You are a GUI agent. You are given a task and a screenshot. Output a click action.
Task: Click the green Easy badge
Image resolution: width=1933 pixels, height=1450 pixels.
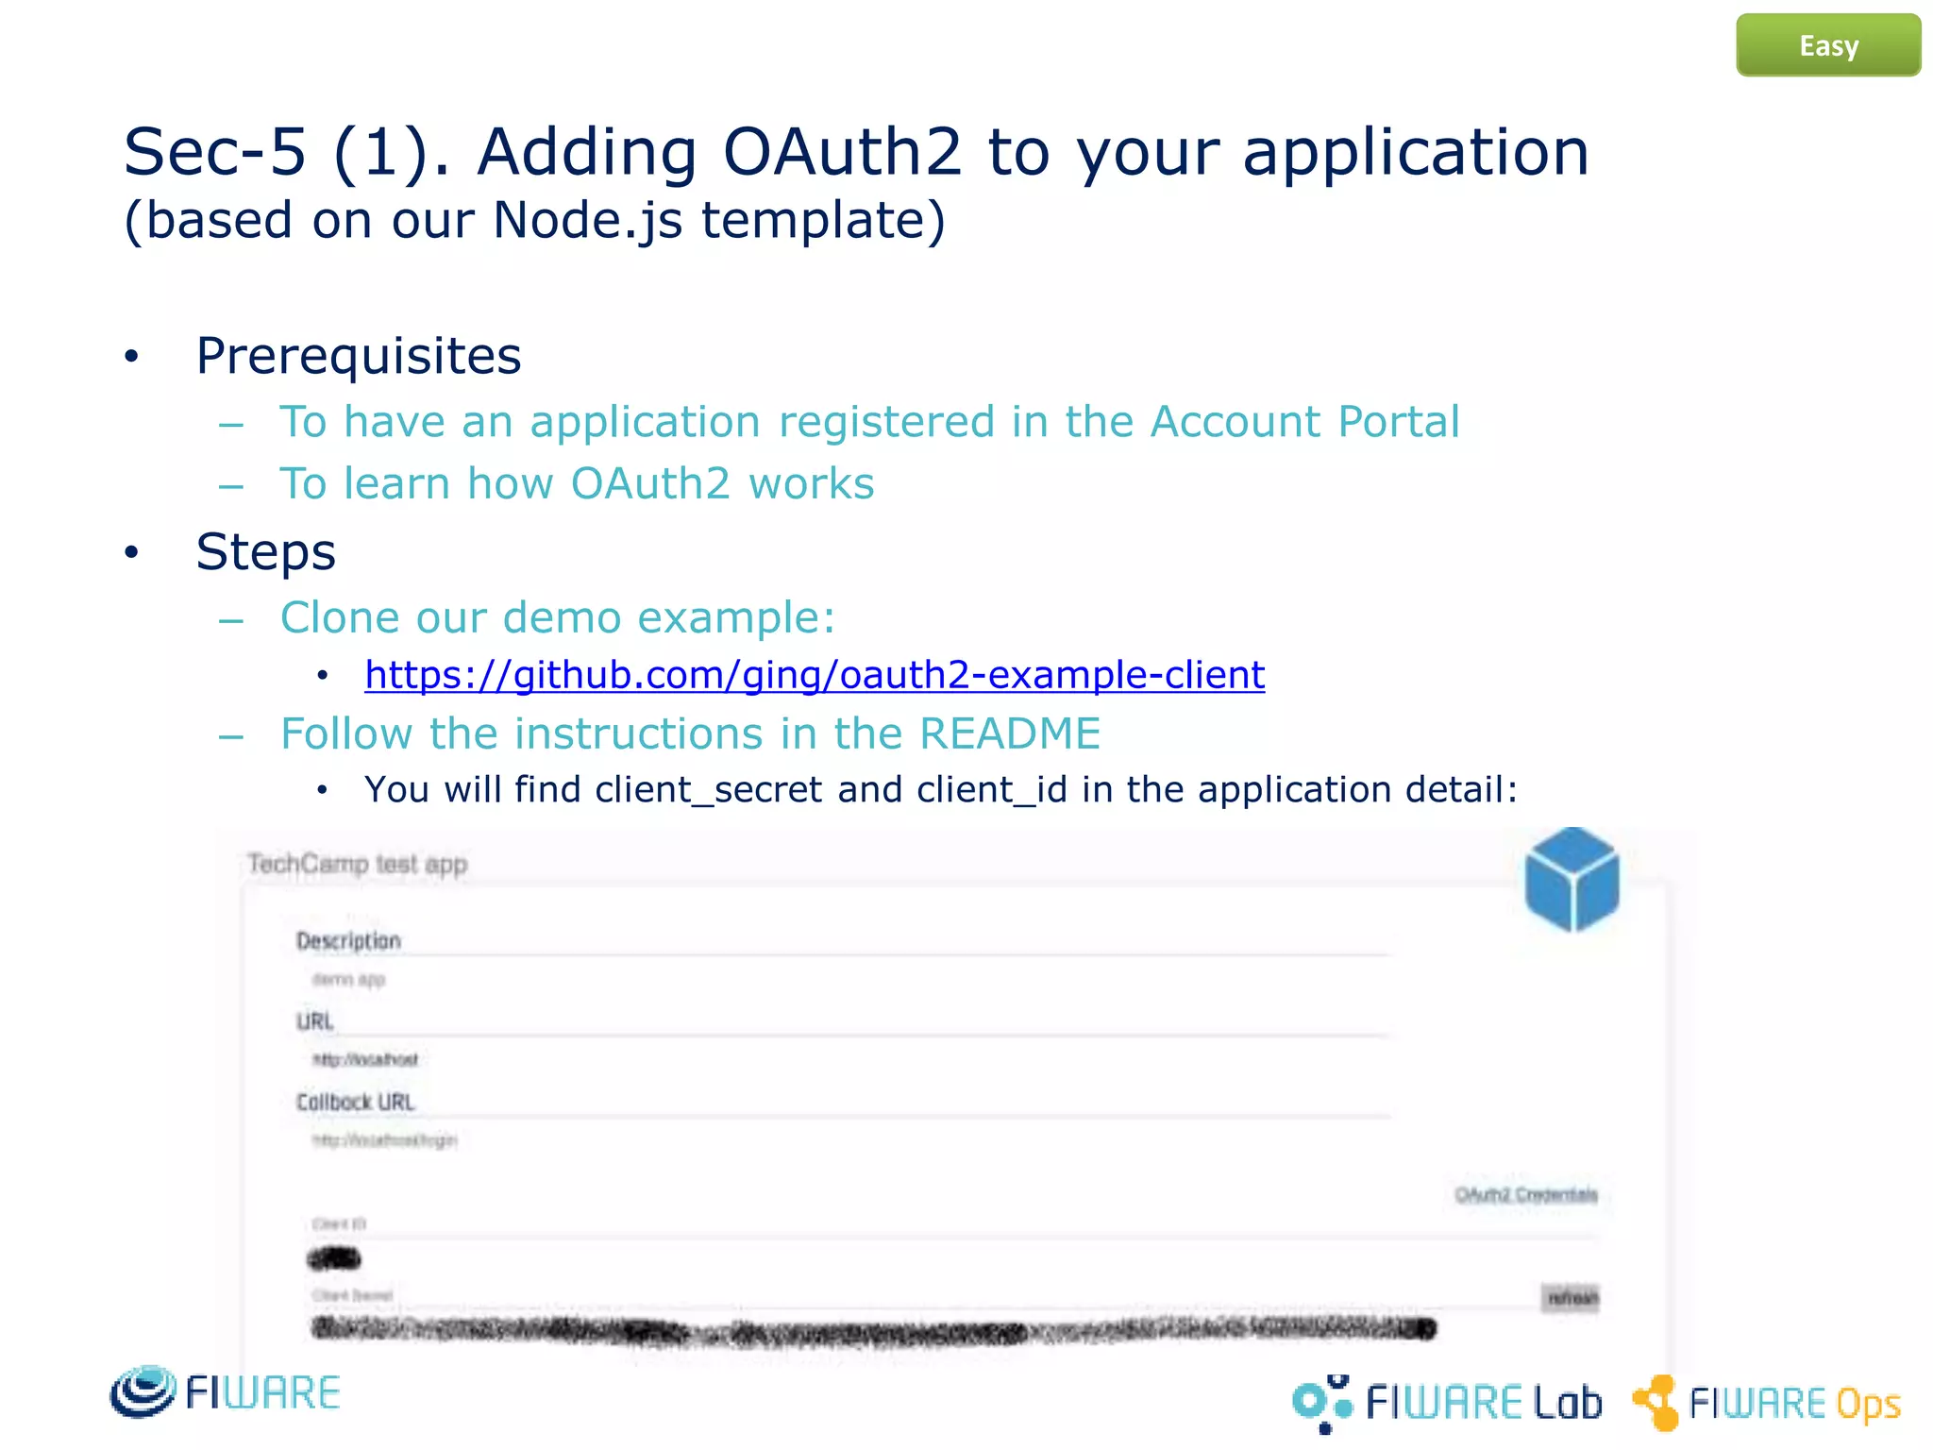tap(1827, 45)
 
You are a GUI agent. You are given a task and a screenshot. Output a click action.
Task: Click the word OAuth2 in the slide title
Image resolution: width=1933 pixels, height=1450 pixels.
tap(842, 152)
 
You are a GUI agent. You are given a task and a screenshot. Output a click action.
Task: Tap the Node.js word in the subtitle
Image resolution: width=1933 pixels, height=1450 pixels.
tap(587, 221)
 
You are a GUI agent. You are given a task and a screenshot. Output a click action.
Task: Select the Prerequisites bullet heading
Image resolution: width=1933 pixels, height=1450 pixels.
tap(358, 356)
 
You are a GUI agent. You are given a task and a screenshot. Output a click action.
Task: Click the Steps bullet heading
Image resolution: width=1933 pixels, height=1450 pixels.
tap(265, 552)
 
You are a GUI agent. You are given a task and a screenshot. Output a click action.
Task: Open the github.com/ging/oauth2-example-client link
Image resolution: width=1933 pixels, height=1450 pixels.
tap(814, 675)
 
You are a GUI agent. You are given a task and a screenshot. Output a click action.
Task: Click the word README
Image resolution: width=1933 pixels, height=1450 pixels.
tap(1009, 733)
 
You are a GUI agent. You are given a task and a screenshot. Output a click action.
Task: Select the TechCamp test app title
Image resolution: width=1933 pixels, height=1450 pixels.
tap(357, 864)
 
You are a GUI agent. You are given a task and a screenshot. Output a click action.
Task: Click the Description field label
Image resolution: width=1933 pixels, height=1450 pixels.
tap(348, 940)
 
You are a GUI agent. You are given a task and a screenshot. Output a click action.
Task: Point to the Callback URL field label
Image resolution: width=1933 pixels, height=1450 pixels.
tap(355, 1102)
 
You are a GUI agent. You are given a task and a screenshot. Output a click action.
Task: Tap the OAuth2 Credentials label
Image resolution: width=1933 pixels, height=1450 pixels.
tap(1525, 1195)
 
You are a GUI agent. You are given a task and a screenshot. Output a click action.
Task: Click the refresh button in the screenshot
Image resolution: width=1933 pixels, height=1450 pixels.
tap(1572, 1298)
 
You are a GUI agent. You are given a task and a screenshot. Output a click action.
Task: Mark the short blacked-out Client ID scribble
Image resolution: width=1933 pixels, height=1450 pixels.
tap(334, 1258)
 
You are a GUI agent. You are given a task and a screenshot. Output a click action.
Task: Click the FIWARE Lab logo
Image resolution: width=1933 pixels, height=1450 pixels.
tap(1446, 1403)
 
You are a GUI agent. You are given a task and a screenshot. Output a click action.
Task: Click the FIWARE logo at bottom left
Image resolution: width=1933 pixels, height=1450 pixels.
tap(225, 1392)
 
